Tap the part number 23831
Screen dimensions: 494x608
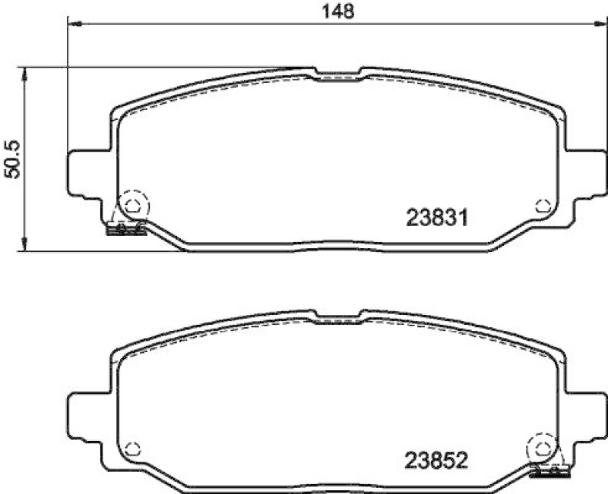[x=436, y=219]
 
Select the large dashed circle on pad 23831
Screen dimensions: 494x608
[x=134, y=203]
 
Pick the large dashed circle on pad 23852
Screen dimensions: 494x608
[x=544, y=446]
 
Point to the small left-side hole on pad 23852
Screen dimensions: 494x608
[x=134, y=446]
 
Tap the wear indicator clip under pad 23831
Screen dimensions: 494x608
[x=126, y=229]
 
